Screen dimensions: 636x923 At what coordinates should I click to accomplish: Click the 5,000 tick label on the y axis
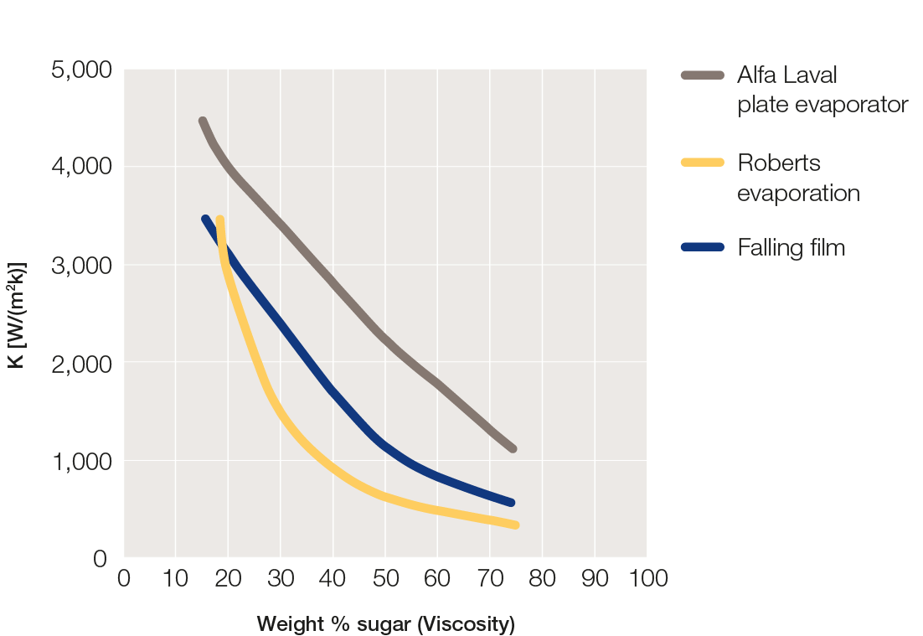(81, 70)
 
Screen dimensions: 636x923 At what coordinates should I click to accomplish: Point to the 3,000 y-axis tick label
(81, 265)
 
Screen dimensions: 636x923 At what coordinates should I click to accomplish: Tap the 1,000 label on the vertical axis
(81, 461)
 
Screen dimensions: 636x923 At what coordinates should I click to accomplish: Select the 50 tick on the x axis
(385, 578)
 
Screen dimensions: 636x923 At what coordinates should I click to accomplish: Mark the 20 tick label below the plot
(228, 578)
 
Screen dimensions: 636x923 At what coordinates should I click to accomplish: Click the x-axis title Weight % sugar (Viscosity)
(385, 624)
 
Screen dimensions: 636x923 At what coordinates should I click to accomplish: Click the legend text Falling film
(791, 247)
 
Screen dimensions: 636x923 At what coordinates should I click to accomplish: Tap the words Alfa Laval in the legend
(786, 75)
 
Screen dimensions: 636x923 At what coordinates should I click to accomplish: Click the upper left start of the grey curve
(203, 122)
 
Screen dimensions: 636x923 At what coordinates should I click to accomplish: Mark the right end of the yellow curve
(515, 525)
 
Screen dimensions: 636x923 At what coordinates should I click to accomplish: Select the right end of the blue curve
(511, 503)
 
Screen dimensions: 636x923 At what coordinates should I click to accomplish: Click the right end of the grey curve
(513, 449)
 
